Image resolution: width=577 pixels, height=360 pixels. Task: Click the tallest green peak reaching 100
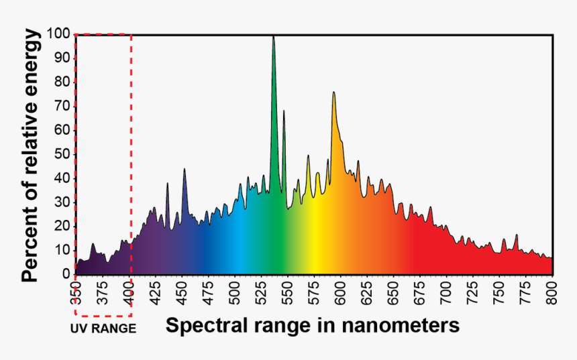(273, 40)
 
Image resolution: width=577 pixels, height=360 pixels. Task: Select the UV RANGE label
(103, 328)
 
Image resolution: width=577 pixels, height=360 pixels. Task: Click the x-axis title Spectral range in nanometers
(313, 326)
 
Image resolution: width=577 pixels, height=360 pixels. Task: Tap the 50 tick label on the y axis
(62, 154)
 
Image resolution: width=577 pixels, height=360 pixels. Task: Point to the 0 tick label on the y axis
(66, 274)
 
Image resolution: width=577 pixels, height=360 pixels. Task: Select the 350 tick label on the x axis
(76, 294)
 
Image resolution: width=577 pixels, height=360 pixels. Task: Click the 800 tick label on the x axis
(552, 294)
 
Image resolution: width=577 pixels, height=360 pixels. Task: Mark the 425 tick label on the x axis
(156, 294)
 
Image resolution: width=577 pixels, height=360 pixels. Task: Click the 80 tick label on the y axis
(62, 82)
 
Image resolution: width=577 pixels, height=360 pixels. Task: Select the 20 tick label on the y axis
(62, 226)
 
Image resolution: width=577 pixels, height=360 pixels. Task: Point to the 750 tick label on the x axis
(499, 294)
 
